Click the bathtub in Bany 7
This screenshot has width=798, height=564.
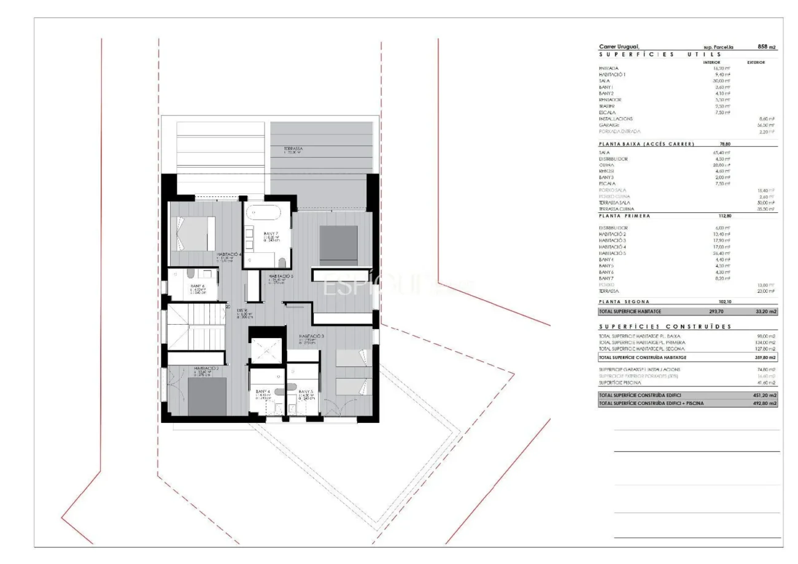pyautogui.click(x=264, y=214)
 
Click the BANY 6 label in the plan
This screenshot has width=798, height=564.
pyautogui.click(x=197, y=286)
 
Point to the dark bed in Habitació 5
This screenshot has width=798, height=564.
pyautogui.click(x=338, y=245)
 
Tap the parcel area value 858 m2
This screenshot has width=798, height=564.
pyautogui.click(x=767, y=47)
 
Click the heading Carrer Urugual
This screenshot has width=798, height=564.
pyautogui.click(x=619, y=47)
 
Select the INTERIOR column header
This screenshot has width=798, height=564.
pyautogui.click(x=711, y=62)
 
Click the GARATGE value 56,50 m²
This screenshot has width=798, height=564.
pyautogui.click(x=765, y=125)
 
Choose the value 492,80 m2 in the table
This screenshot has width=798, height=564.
pyautogui.click(x=765, y=403)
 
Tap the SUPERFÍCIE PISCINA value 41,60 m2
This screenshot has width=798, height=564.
pyautogui.click(x=765, y=382)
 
